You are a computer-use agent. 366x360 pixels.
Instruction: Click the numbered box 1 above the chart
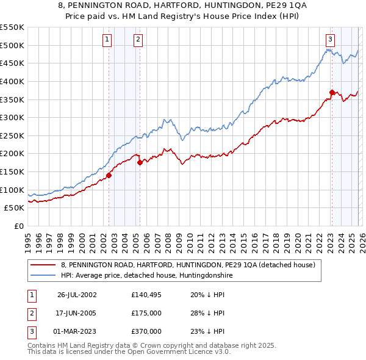pos(107,40)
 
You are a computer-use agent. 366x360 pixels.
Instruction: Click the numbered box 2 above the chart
pos(138,40)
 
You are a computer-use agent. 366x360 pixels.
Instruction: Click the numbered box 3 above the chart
pos(330,40)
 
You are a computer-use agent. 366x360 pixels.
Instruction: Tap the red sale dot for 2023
pos(332,92)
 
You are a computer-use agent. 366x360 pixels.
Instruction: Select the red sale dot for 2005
pos(140,162)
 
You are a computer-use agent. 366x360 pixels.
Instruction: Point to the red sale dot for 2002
pos(109,175)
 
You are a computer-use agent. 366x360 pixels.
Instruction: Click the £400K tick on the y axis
pos(12,81)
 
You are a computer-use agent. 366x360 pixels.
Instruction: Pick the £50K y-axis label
pos(14,208)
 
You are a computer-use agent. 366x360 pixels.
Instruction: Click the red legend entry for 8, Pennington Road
pos(188,265)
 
